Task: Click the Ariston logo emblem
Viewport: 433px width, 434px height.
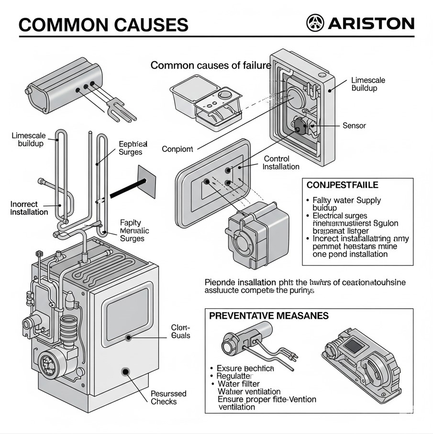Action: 314,23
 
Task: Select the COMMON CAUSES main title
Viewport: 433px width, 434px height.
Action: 103,24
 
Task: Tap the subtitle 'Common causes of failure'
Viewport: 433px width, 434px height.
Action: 211,65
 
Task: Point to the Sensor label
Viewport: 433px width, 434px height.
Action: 354,126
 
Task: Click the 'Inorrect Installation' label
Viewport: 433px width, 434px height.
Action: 29,208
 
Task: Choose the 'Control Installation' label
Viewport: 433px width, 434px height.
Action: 281,163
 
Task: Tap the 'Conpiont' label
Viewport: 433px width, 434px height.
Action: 177,149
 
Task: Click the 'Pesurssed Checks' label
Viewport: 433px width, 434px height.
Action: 168,398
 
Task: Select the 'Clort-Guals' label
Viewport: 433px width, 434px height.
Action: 180,332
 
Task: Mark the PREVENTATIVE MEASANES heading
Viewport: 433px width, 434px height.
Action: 269,316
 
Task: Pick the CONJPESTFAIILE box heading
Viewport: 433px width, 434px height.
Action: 342,184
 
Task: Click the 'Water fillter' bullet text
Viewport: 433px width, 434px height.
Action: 239,384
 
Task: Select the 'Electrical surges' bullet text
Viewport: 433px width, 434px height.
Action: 340,216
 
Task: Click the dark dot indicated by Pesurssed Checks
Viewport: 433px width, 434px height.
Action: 126,371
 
